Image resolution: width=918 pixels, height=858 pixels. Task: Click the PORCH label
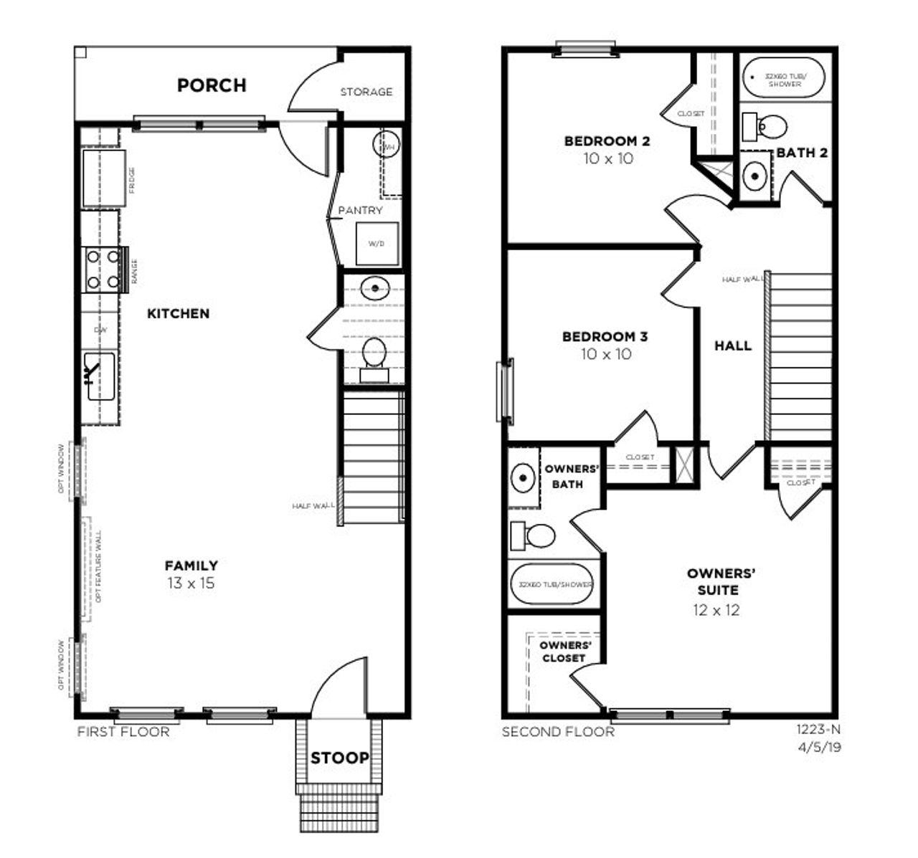click(212, 85)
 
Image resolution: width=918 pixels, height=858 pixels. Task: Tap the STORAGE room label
click(366, 92)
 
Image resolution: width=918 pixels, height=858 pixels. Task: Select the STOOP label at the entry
click(339, 758)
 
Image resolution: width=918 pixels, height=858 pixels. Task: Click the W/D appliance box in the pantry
click(377, 244)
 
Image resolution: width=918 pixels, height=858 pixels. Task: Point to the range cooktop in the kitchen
click(103, 269)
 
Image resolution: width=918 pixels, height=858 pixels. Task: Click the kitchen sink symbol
click(100, 376)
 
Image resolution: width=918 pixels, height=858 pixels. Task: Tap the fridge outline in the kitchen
click(104, 178)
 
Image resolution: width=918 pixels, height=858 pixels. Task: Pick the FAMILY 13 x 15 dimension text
click(191, 583)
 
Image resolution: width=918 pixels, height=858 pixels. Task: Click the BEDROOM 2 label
click(607, 141)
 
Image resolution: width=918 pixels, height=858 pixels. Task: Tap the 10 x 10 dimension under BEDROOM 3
click(607, 354)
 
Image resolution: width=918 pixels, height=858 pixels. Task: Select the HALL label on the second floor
click(733, 345)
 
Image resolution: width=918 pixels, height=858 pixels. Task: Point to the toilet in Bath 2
click(765, 128)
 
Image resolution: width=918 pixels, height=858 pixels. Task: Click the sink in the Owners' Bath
click(523, 478)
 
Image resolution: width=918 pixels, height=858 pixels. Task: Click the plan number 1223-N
click(818, 730)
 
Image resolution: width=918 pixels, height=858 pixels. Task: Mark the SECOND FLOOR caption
click(558, 732)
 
